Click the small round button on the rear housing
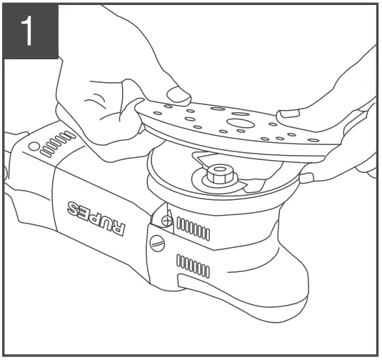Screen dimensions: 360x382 32,146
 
